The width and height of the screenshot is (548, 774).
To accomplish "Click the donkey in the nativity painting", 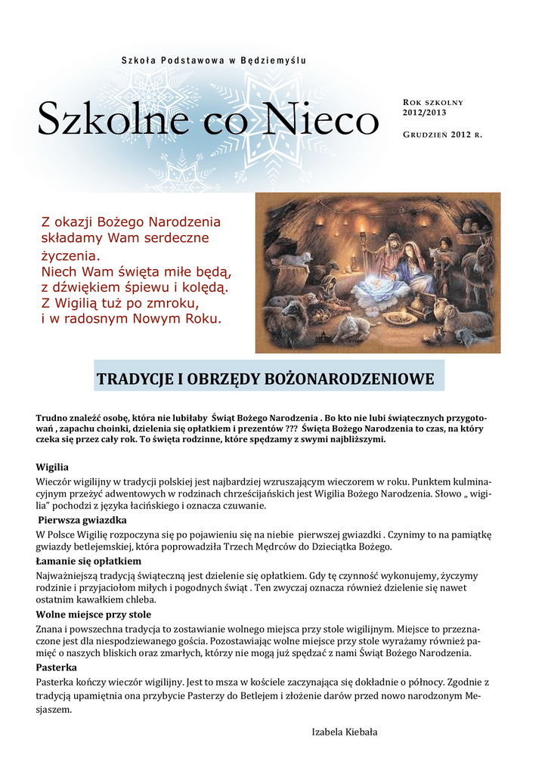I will click(475, 265).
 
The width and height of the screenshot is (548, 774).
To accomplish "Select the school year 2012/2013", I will click(424, 113).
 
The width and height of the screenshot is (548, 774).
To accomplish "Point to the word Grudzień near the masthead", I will click(425, 135).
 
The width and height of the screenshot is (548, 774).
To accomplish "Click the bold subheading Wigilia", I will click(52, 467).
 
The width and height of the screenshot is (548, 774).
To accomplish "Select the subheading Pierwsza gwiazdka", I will click(82, 520).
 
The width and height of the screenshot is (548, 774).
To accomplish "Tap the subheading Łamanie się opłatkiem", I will click(88, 562).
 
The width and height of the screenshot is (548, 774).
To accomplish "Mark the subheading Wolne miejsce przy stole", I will click(94, 615).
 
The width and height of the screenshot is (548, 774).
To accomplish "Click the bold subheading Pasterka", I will click(57, 668).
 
